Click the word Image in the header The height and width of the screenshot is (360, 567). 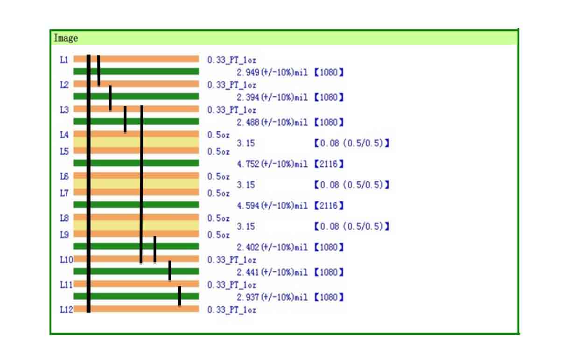[x=66, y=38]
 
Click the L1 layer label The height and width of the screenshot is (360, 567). [x=64, y=59]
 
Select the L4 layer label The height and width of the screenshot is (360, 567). [x=64, y=134]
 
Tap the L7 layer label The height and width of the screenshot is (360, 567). [x=64, y=193]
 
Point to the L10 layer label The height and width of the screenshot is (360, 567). [x=66, y=260]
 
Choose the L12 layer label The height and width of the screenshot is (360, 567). [x=66, y=309]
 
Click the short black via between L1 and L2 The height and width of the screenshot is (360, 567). [x=99, y=71]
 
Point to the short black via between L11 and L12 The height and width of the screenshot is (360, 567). [x=180, y=296]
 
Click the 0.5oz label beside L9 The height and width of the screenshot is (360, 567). [x=218, y=235]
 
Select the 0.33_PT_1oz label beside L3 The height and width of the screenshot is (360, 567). [x=231, y=110]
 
